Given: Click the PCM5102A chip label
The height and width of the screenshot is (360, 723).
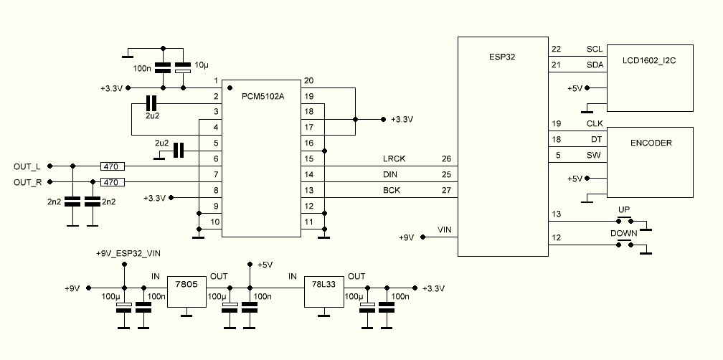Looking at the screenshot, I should [x=264, y=96].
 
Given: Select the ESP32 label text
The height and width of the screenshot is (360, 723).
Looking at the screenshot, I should [x=499, y=54].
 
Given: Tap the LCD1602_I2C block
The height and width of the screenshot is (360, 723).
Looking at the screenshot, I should [x=650, y=77].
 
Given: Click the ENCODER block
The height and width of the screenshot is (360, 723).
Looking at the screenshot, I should [x=650, y=162].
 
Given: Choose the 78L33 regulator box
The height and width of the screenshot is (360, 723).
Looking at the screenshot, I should [x=325, y=292].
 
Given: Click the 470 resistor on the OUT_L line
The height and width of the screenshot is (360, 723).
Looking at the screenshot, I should [x=112, y=166].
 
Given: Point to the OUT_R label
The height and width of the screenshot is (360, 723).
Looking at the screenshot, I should [x=27, y=182].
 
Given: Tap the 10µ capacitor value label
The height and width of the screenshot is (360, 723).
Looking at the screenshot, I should [x=201, y=65].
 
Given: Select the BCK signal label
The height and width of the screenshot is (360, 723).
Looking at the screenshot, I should [x=391, y=190].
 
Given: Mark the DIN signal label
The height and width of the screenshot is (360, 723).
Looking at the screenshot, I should [x=390, y=174].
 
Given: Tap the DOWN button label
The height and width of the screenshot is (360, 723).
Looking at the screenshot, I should [x=624, y=234].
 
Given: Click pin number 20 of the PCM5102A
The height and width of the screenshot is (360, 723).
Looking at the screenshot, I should [x=308, y=80].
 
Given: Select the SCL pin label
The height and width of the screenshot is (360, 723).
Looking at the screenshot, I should [x=595, y=49].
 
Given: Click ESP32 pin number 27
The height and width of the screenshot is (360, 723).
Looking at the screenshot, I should [x=446, y=190].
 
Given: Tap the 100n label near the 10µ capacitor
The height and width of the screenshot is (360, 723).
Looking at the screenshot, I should [x=142, y=69].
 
